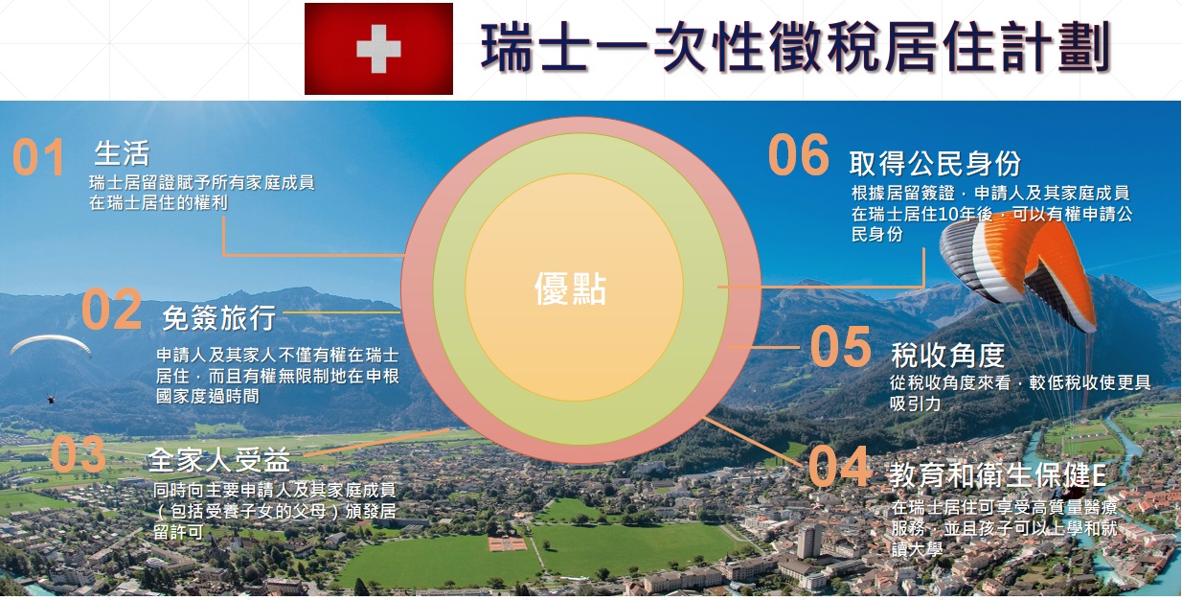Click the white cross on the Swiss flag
[378, 49]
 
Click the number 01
[38, 157]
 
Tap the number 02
[111, 309]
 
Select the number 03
[79, 453]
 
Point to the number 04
[839, 466]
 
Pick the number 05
[841, 346]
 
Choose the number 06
[799, 154]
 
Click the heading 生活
[122, 153]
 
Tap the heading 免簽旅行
[219, 317]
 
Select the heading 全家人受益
[219, 460]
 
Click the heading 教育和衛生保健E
[997, 474]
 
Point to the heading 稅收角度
[947, 355]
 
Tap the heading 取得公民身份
[935, 163]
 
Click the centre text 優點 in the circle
[571, 288]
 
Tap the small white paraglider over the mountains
[50, 344]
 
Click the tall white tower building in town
[809, 541]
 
